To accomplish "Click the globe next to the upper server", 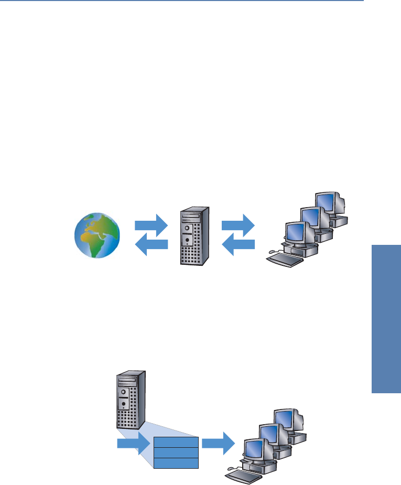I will [x=97, y=235].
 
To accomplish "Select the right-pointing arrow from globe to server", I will [x=151, y=225].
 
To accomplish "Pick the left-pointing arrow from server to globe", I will [x=151, y=244].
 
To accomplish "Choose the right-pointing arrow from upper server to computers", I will [x=238, y=225].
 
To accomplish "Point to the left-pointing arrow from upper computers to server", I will [x=238, y=244].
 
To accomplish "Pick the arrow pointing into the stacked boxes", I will [x=133, y=444].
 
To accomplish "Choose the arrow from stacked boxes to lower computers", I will [x=218, y=444].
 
